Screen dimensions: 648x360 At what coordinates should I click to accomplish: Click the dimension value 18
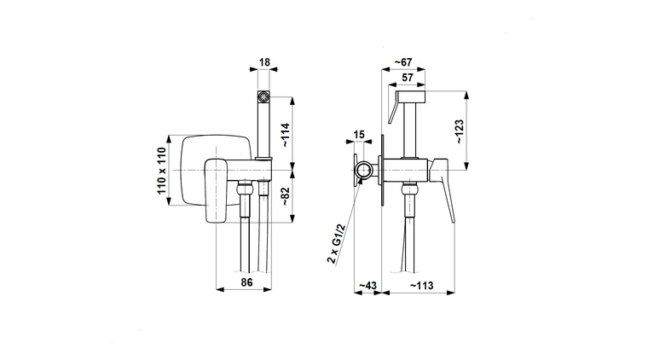264,62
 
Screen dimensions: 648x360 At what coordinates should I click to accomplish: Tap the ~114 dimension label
286,135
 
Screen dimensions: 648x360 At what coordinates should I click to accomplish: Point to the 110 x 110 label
161,171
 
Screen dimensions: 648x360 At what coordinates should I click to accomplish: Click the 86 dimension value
246,282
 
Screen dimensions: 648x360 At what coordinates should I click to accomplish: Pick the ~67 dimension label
402,62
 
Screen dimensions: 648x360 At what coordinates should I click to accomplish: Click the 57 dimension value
408,78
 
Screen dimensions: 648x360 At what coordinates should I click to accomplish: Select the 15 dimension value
359,135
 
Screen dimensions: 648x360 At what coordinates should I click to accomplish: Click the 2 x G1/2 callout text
336,244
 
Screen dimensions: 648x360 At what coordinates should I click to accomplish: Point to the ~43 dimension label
367,286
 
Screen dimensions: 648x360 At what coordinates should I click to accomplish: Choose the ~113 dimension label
421,286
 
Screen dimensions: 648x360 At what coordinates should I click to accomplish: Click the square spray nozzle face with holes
263,97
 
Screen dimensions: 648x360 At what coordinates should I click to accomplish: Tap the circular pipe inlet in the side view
364,171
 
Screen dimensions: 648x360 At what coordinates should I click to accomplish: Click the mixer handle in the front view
216,190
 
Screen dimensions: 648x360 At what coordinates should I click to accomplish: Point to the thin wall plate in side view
382,171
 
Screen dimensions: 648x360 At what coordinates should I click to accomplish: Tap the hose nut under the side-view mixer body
410,190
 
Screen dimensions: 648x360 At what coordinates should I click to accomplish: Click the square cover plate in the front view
216,171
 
